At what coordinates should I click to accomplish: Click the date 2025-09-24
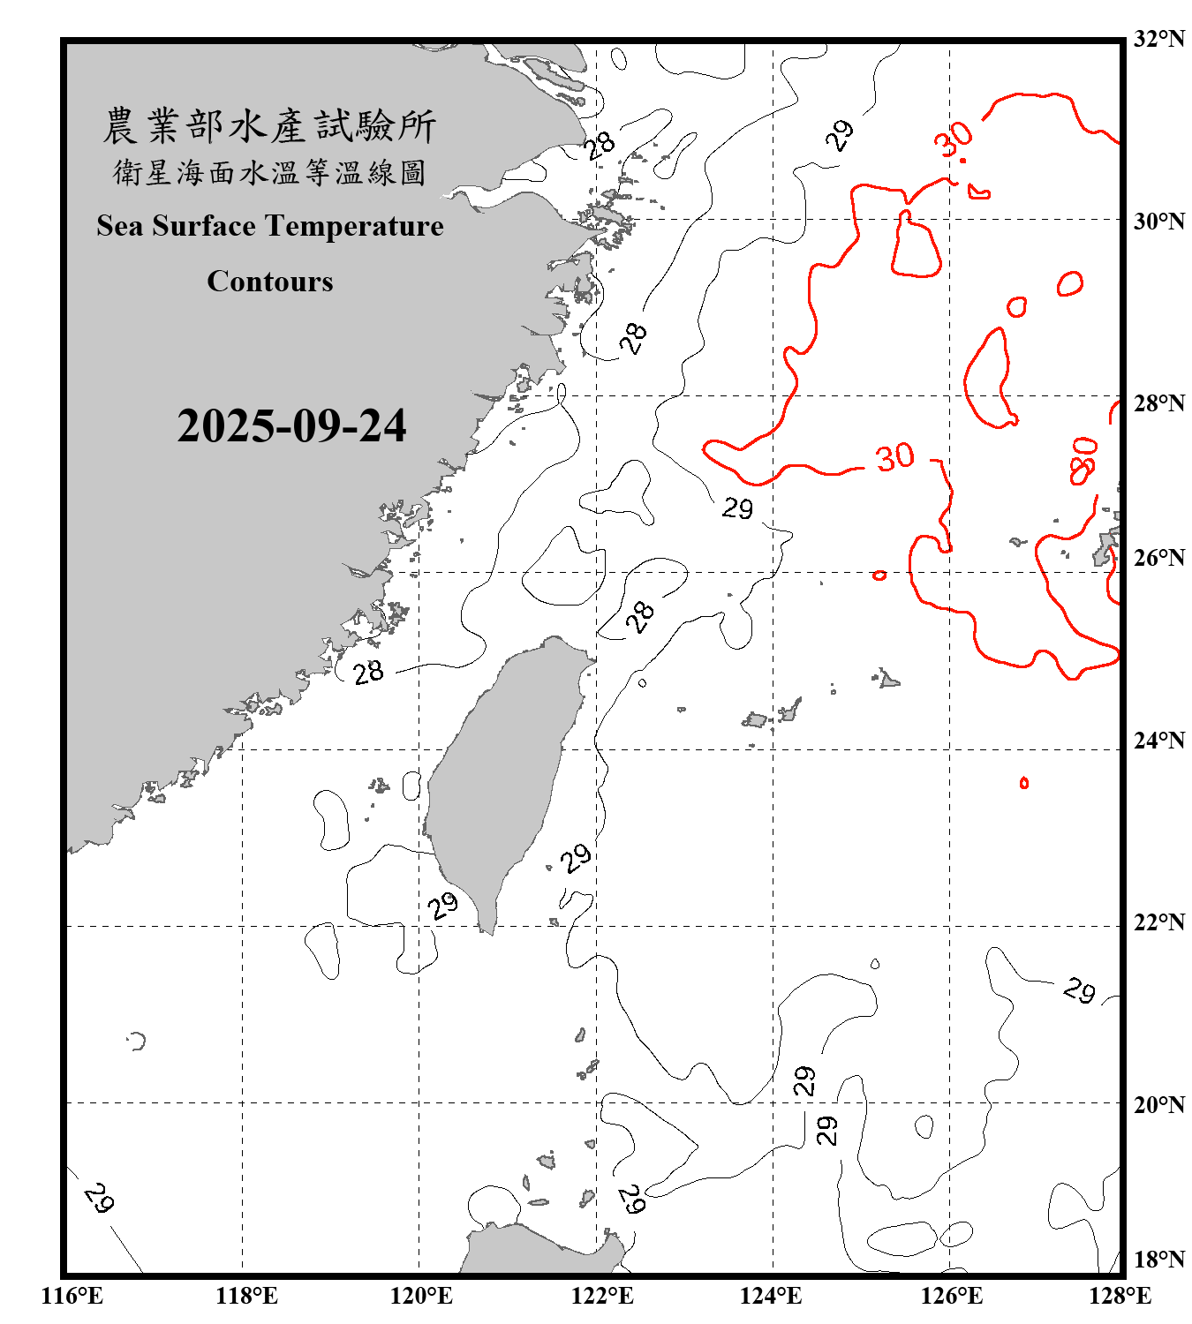[x=291, y=426]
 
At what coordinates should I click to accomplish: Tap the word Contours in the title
[x=270, y=282]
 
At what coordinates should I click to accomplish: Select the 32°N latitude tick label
[x=1158, y=39]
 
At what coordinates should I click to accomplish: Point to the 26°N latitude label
[x=1158, y=558]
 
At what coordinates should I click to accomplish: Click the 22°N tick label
[x=1158, y=922]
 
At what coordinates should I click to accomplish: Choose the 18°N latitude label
[x=1158, y=1260]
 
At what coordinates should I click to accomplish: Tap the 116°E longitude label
[x=72, y=1296]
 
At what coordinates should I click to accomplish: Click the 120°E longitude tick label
[x=421, y=1296]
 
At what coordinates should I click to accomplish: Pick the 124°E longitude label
[x=771, y=1296]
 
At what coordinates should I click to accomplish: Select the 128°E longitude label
[x=1120, y=1296]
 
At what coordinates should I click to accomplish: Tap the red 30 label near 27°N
[x=894, y=457]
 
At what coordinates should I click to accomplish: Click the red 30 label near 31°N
[x=954, y=139]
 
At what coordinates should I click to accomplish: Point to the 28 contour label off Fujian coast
[x=368, y=673]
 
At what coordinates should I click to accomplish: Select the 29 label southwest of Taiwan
[x=442, y=905]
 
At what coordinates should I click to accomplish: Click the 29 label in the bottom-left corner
[x=99, y=1198]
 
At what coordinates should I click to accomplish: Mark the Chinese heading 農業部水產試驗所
[x=269, y=126]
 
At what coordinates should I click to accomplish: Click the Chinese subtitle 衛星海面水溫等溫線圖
[x=269, y=173]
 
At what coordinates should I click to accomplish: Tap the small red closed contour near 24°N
[x=1023, y=783]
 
